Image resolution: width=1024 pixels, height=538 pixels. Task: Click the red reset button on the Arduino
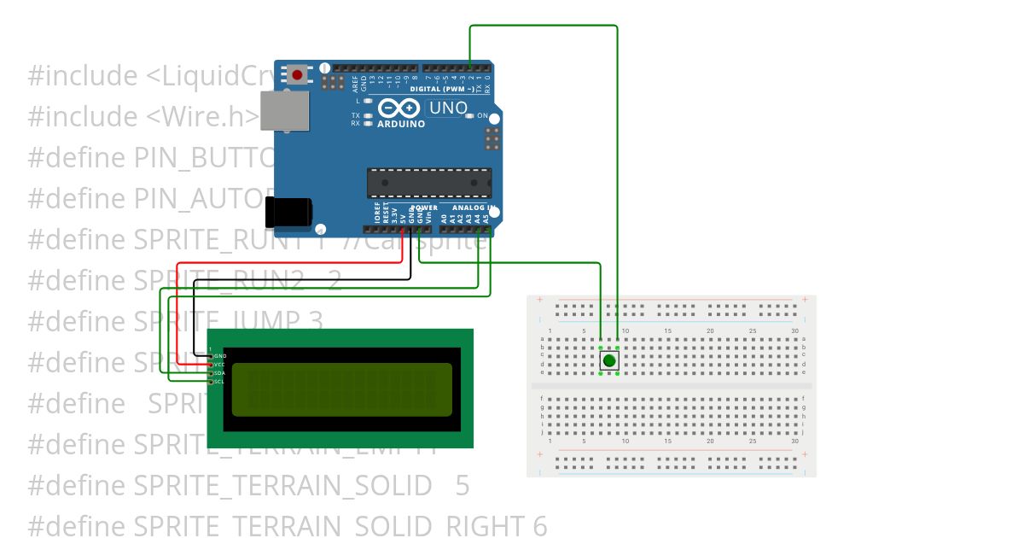point(297,75)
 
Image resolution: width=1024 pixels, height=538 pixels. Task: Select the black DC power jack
point(288,213)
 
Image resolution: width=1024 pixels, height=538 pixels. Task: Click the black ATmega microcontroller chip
point(428,182)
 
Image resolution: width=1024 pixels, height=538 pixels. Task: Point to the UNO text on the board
point(448,108)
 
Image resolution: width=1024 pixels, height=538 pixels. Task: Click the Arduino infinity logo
point(399,108)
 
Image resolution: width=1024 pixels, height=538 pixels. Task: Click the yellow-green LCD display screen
point(342,389)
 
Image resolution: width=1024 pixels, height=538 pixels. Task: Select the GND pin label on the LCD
point(220,354)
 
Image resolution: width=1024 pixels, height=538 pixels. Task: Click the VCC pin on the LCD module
point(220,364)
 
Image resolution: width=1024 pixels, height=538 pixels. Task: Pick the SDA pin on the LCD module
point(219,373)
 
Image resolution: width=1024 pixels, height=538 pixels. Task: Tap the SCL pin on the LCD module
point(219,382)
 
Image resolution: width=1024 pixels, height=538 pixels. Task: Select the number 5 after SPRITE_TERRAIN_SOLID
point(462,486)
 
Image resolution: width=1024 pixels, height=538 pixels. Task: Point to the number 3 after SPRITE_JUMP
point(316,322)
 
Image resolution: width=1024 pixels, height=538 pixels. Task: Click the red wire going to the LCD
point(290,262)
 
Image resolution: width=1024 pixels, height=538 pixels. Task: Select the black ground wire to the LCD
point(299,279)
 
